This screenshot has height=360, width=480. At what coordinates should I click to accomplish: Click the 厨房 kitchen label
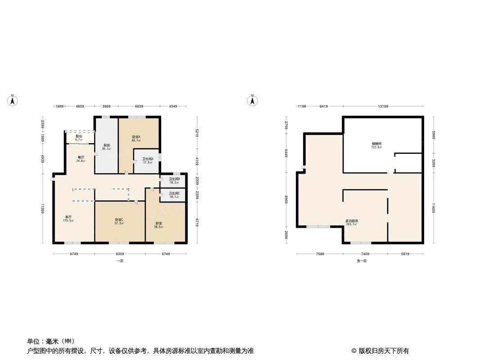coord(107,145)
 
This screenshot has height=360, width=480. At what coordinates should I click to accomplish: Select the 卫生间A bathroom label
coord(148,158)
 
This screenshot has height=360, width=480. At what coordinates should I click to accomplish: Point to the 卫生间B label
coord(174,179)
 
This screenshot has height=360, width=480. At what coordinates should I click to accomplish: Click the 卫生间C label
coord(174,193)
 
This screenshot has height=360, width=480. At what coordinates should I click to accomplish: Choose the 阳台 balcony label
coord(79,136)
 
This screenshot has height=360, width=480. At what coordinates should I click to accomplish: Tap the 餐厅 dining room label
coord(81,157)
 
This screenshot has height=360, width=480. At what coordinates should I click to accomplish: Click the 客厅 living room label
coord(68,217)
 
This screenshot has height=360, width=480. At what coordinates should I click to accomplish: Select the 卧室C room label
coord(119,220)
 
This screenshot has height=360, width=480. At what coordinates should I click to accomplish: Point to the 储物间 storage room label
coord(376,144)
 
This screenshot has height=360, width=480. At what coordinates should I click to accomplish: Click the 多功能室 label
coord(352,221)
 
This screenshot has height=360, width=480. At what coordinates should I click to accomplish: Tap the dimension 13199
coord(383,106)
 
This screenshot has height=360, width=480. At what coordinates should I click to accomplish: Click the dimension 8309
coord(119,254)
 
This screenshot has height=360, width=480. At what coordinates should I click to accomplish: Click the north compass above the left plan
coord(13,100)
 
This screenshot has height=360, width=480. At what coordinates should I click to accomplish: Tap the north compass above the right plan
coord(253,100)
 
